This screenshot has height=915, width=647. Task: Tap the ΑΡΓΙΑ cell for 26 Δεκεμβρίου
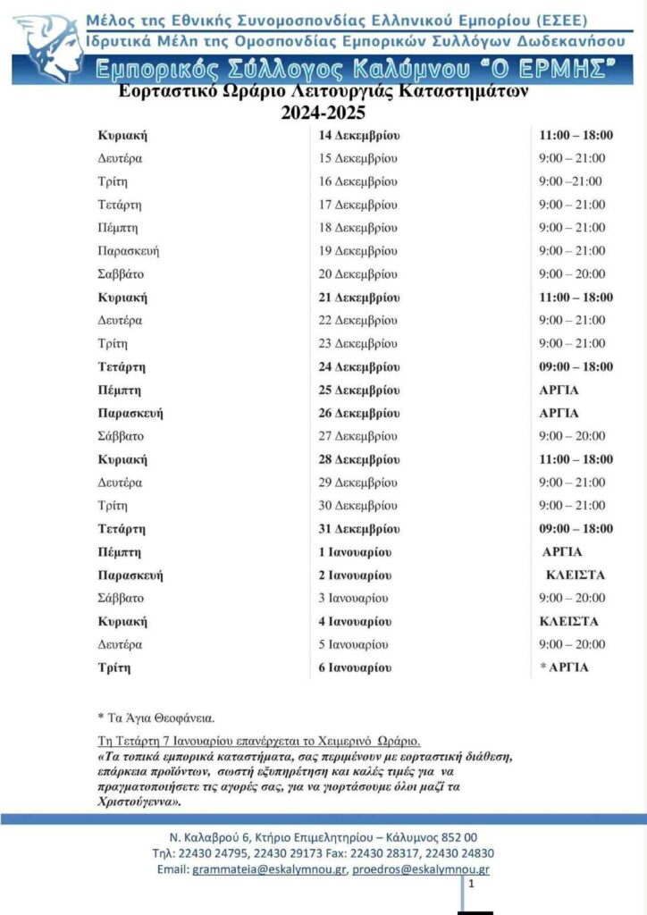click(559, 414)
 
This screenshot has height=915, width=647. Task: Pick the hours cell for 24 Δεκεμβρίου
click(576, 367)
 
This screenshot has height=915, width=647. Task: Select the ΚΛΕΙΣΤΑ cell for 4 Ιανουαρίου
click(569, 622)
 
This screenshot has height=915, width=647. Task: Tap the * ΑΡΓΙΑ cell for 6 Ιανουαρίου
click(565, 667)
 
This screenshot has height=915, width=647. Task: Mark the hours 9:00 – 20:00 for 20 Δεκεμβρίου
click(572, 274)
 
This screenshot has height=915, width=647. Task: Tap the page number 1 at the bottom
click(471, 884)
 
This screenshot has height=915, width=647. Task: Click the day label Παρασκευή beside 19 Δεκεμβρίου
click(129, 251)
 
